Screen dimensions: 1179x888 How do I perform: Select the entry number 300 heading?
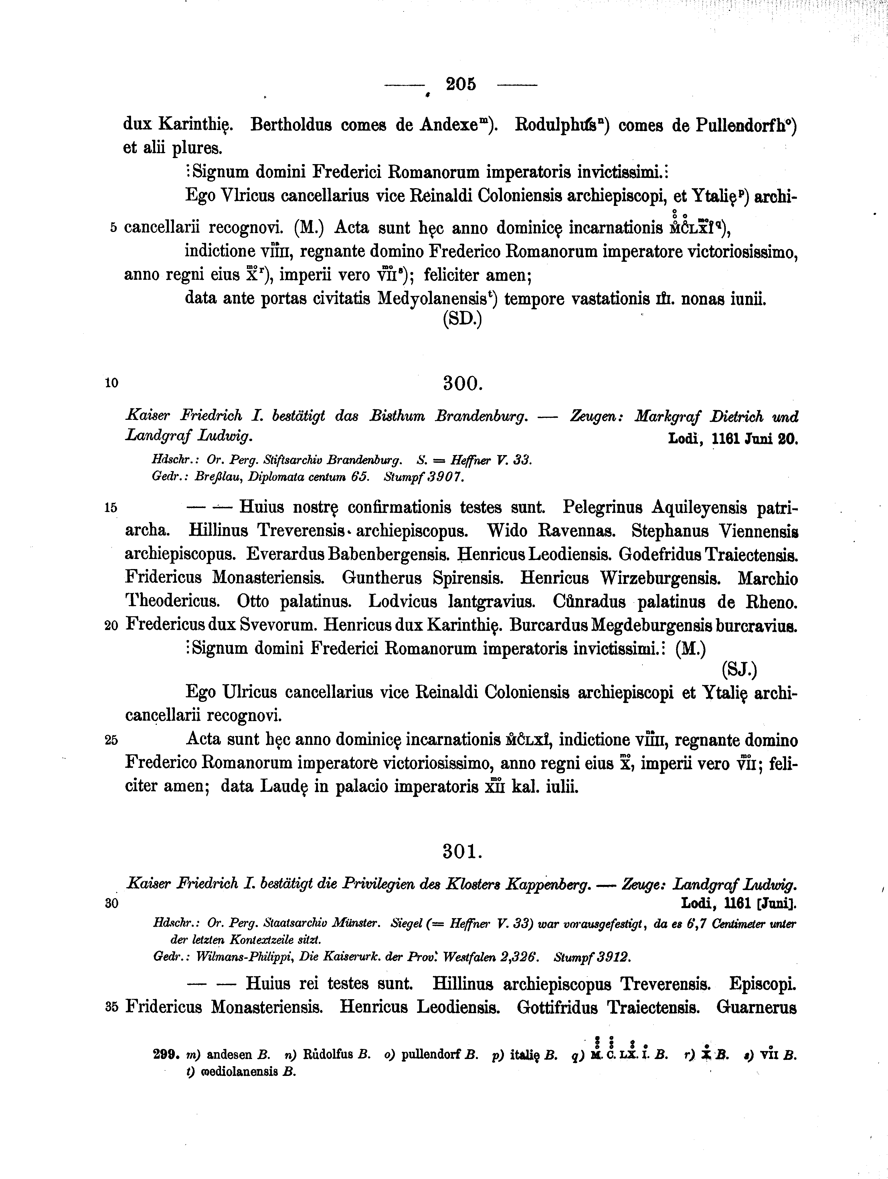(462, 383)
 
